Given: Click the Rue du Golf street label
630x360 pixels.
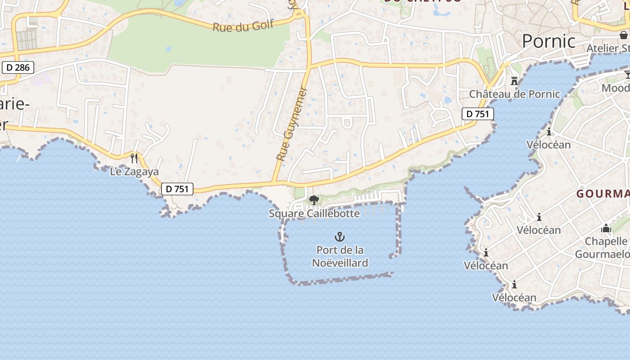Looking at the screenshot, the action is click(243, 26).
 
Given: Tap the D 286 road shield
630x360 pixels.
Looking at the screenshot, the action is click(18, 67).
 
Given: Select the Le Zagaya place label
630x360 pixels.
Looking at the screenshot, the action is click(135, 171).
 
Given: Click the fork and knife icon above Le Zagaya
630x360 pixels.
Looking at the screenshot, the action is click(134, 158).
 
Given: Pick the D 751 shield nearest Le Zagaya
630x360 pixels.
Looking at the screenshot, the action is click(177, 189).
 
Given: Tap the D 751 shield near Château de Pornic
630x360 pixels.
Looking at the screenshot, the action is click(477, 114).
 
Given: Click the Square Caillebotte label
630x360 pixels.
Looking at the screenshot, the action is click(314, 213).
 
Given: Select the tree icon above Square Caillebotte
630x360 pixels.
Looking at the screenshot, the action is click(314, 200).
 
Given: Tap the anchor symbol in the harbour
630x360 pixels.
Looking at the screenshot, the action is click(340, 236).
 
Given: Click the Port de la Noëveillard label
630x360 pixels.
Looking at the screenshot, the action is click(340, 256).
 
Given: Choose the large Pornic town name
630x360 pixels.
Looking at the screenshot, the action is click(549, 41).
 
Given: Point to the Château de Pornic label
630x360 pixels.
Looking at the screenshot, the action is click(514, 94).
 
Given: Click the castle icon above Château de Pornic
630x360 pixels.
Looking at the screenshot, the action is click(514, 81).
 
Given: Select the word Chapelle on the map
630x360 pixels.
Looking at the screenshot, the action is click(606, 242).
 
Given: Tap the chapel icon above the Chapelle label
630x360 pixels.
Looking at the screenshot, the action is click(606, 228).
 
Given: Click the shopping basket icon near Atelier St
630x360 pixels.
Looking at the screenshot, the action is click(624, 35).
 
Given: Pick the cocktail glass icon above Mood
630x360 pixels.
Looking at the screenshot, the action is click(627, 75).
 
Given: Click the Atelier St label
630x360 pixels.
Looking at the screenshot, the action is click(607, 48).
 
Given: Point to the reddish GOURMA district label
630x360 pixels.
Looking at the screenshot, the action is click(603, 194).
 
